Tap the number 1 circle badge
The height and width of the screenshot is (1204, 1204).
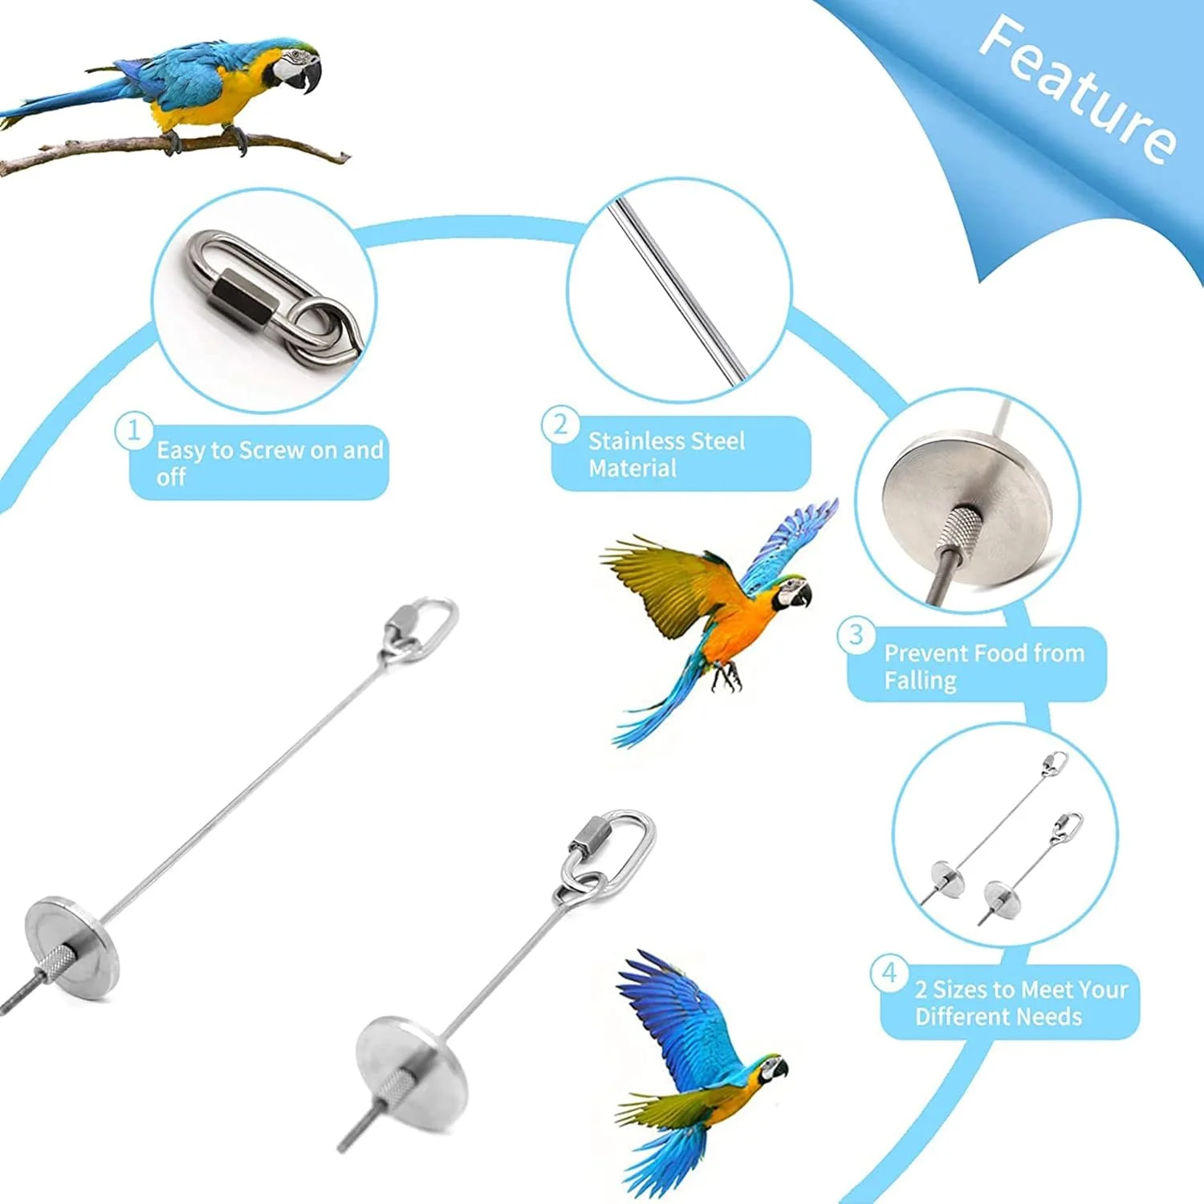point(133,431)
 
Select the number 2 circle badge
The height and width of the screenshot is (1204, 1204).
point(559,423)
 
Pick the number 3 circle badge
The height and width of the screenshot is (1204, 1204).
point(856,635)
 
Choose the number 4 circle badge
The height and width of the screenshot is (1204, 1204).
point(889,973)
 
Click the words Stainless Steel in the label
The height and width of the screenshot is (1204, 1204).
point(666,441)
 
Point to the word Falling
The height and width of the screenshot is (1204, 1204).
point(920,681)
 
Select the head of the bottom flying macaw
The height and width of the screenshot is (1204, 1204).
point(772,1068)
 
